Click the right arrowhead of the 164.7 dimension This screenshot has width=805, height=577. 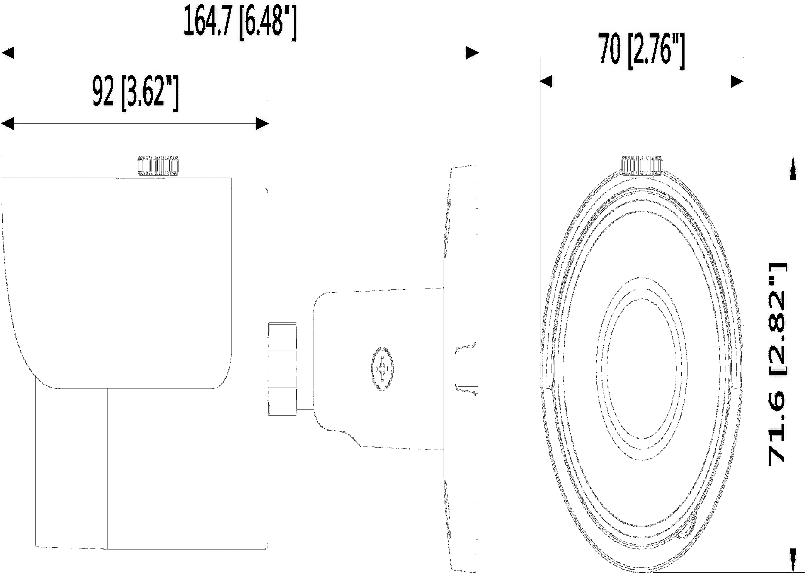tap(472, 53)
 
